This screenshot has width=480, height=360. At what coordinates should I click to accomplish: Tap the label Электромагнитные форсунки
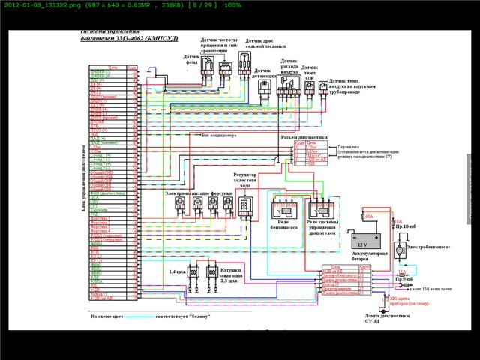(x=196, y=193)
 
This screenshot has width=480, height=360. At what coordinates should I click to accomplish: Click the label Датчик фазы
(x=191, y=58)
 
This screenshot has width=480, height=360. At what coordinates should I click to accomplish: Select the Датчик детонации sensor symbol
(x=264, y=87)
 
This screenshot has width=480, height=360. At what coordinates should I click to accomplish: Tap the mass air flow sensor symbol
(x=286, y=89)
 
